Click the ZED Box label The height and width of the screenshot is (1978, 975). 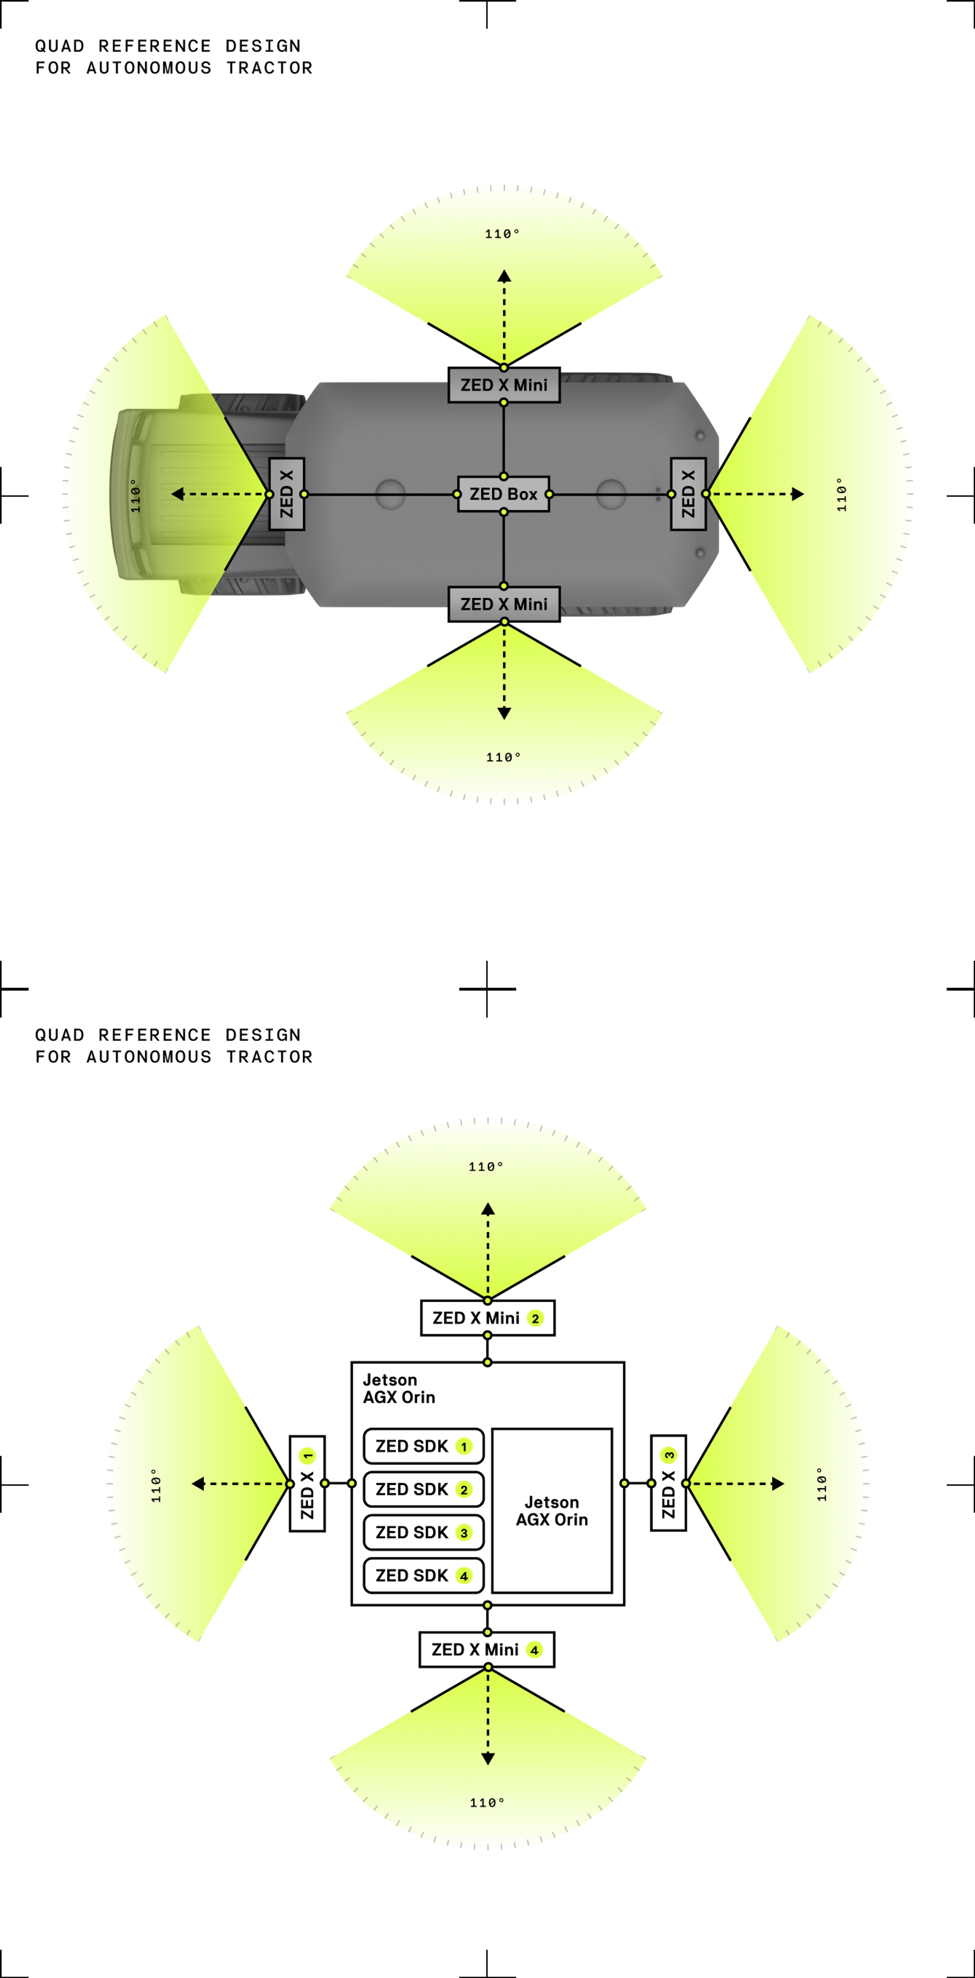[503, 494]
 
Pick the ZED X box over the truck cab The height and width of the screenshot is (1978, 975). [287, 494]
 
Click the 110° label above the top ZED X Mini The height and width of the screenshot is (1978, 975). [502, 233]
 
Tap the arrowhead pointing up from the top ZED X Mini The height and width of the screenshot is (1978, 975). [504, 276]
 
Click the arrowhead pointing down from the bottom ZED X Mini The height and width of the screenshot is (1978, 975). [504, 713]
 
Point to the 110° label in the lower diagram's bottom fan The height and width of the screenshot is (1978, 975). [487, 1802]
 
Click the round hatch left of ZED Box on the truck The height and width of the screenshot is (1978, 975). [390, 494]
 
